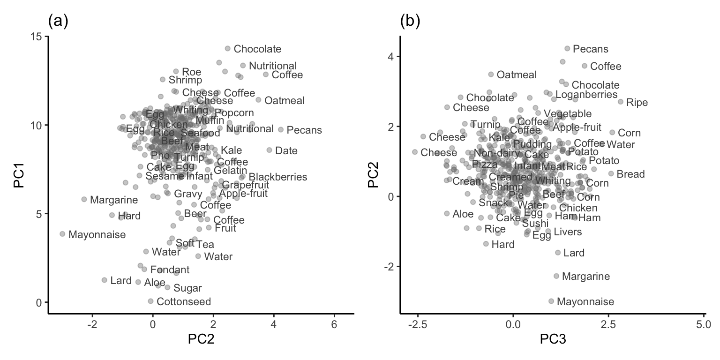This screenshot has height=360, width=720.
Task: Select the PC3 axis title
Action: pos(552,339)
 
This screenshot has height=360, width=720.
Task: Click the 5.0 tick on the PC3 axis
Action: pos(704,325)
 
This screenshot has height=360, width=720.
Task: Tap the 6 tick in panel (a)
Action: pos(334,325)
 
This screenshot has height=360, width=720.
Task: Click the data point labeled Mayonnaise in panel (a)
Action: pos(62,233)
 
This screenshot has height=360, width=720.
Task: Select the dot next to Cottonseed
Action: pos(150,301)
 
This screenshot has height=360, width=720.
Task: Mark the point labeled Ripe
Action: pos(621,102)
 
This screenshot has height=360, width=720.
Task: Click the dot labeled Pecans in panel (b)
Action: pos(567,48)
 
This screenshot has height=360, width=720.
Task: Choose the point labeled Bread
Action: pos(611,173)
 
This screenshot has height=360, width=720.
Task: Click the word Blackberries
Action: pos(278,177)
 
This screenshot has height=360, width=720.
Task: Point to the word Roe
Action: pos(191,72)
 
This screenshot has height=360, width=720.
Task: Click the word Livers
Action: pos(568,232)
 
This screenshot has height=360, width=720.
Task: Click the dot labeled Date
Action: pos(269,150)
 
